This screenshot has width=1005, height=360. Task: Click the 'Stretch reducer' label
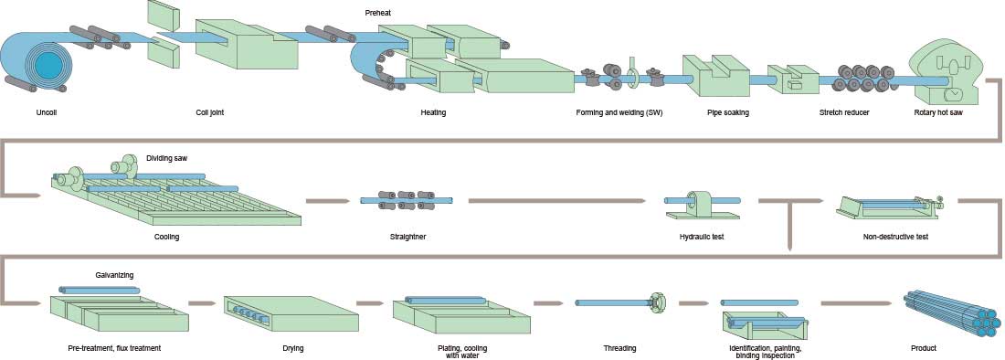pos(844,112)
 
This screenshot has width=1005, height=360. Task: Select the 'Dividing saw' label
pos(167,157)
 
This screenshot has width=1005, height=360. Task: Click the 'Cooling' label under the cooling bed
pos(167,237)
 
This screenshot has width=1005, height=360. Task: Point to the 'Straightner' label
pos(407,237)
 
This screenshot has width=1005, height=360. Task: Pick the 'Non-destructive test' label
pos(894,237)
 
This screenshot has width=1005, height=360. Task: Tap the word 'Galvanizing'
pos(117,273)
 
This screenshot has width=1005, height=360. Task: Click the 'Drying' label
pos(293,348)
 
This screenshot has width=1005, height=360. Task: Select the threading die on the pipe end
pos(655,302)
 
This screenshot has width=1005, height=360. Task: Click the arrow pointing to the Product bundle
pos(855,302)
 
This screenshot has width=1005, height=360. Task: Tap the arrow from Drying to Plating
pos(369,302)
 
